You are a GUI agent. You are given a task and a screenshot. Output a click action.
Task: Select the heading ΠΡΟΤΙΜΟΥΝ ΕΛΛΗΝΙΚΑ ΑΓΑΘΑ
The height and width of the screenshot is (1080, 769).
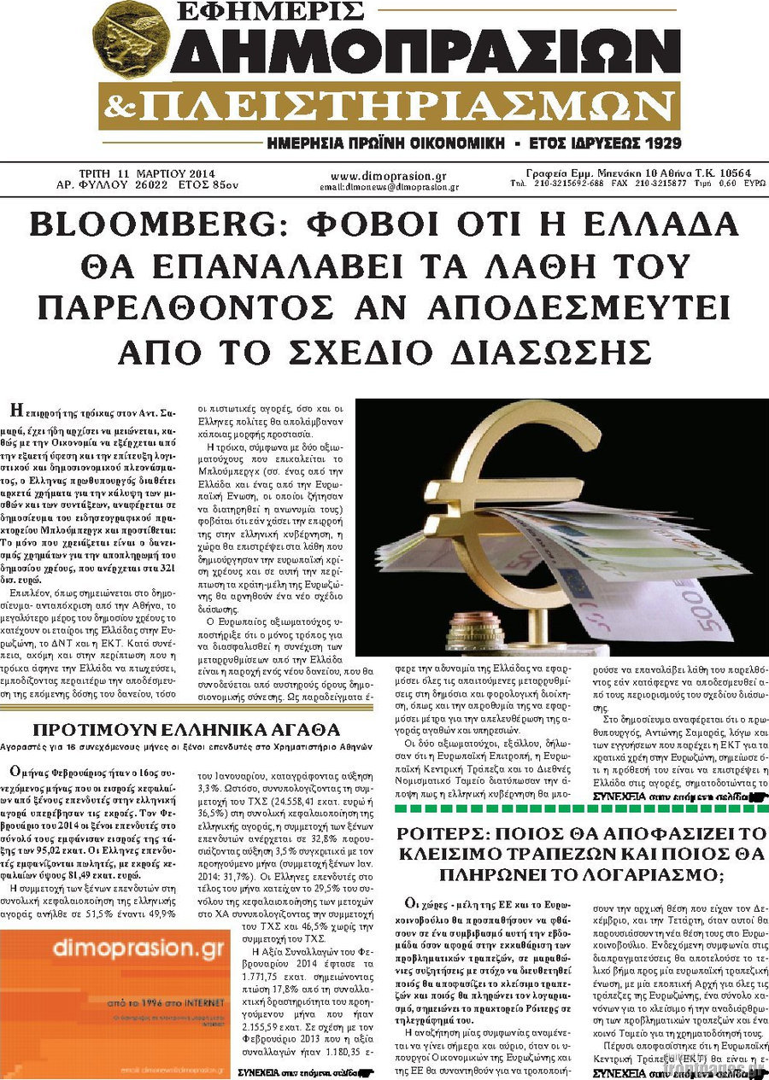point(185,730)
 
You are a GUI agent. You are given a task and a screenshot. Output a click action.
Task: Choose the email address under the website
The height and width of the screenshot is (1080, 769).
point(389,186)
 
